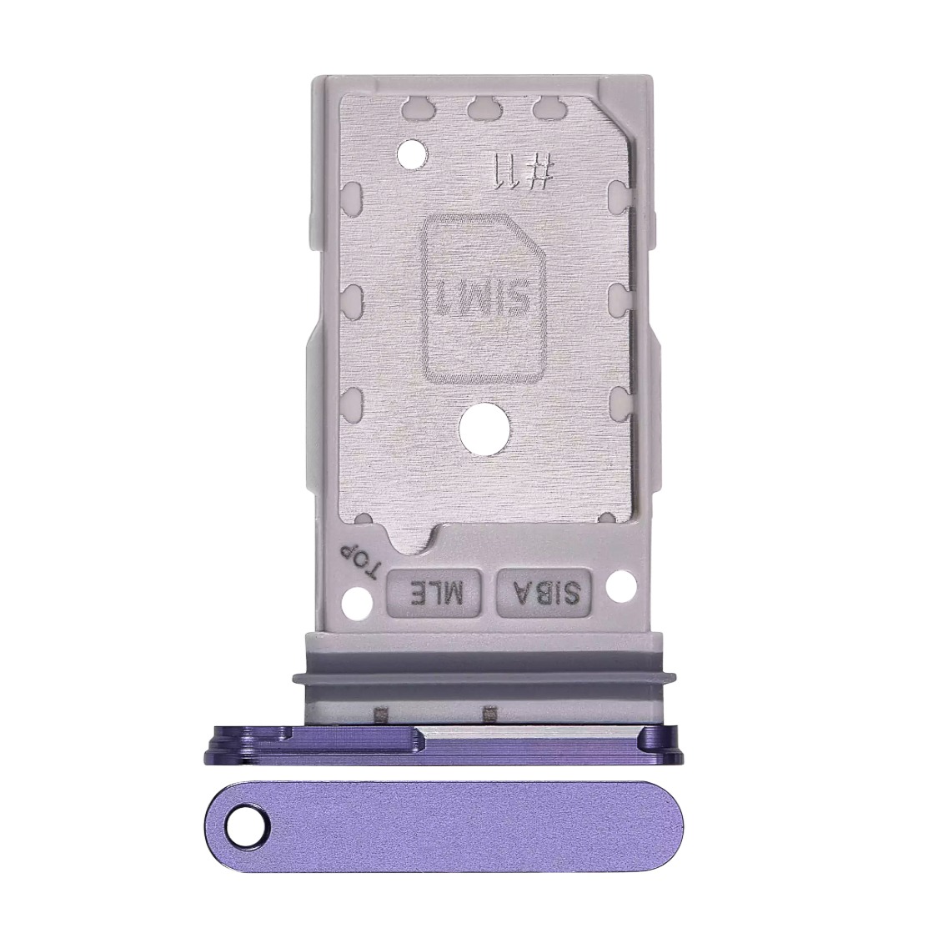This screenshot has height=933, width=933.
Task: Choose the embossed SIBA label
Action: click(x=545, y=593)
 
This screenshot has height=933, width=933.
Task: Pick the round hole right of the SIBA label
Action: click(x=619, y=586)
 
